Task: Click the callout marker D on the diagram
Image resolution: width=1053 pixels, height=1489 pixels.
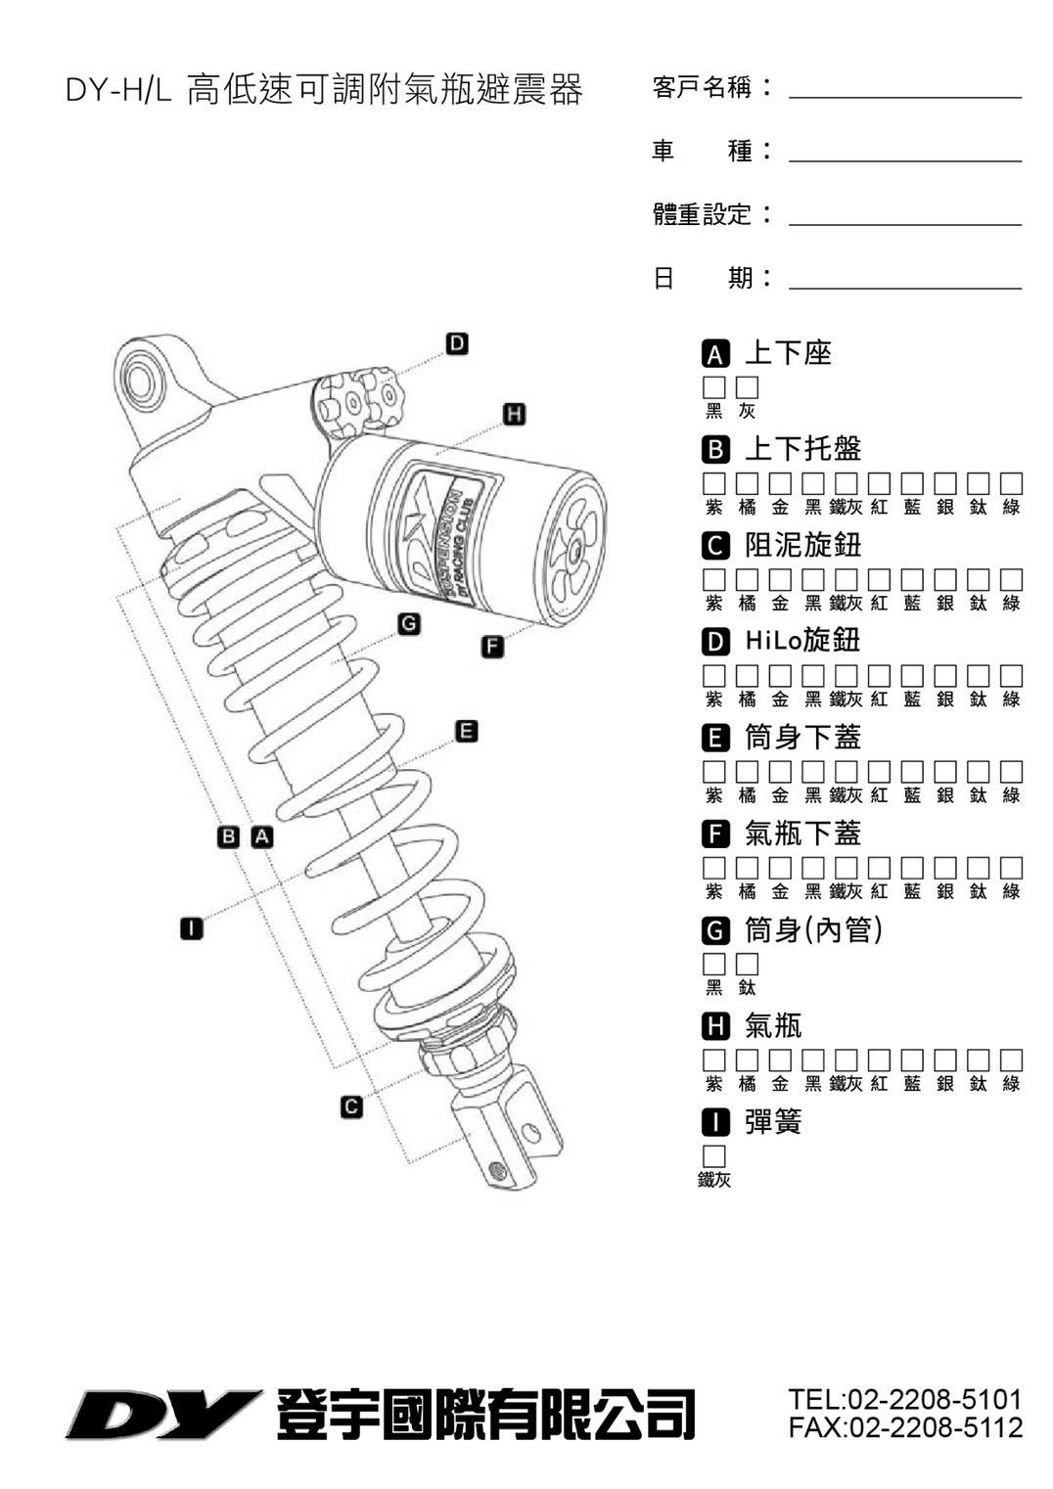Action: click(456, 343)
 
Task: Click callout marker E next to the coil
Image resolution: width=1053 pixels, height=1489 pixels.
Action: click(467, 731)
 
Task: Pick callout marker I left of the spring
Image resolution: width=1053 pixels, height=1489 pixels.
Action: click(192, 927)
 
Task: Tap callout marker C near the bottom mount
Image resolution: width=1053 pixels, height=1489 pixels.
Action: click(351, 1106)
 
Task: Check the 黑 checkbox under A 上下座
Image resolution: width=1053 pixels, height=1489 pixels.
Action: click(714, 387)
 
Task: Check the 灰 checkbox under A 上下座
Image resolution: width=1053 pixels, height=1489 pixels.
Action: click(748, 387)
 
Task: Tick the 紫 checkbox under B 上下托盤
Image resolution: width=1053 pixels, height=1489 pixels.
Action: click(714, 483)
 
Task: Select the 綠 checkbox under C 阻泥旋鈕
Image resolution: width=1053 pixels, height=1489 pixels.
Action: click(1011, 579)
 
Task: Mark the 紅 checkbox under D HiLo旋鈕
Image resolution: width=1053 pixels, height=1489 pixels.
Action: click(879, 675)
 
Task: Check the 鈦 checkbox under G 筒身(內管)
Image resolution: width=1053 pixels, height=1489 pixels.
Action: click(748, 964)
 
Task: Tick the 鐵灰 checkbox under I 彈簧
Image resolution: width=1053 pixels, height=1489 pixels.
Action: click(714, 1155)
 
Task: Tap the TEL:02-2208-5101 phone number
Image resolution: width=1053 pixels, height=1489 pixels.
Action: click(904, 1399)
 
